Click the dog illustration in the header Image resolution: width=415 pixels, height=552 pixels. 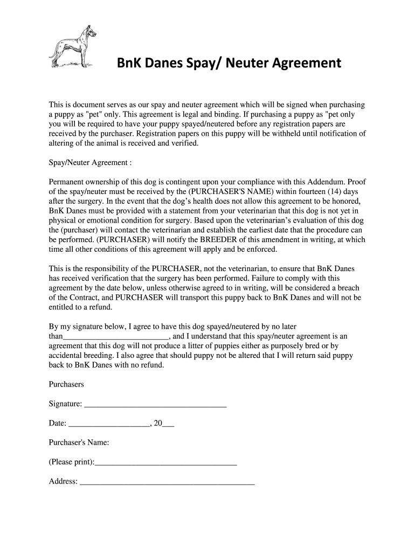[73, 45]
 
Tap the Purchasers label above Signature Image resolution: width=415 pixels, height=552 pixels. [66, 384]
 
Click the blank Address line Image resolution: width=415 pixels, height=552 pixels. [167, 482]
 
